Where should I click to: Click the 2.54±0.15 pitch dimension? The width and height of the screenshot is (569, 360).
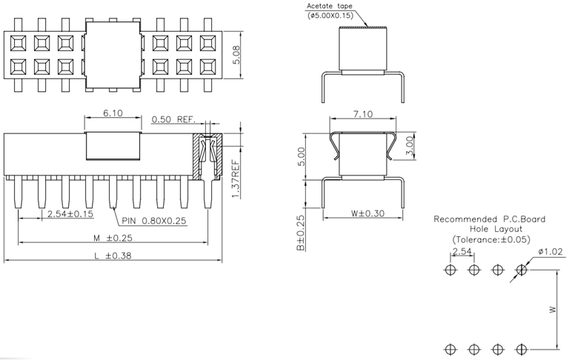pos(71,215)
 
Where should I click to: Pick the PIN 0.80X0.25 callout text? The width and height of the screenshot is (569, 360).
pos(156,220)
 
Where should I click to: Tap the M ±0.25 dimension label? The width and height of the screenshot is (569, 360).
pos(109,238)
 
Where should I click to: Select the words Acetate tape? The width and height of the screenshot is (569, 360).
pos(330,6)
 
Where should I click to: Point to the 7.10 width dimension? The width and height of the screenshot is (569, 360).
pos(362,113)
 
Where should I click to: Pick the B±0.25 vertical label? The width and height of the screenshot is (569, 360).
pos(300,233)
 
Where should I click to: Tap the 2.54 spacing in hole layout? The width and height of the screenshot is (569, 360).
pos(462,253)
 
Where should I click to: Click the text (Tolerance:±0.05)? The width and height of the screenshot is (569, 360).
pos(491,240)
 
